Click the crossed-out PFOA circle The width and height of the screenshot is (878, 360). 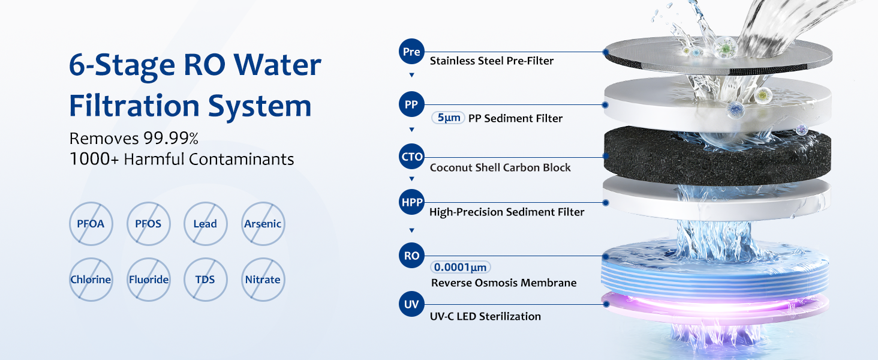click(x=91, y=224)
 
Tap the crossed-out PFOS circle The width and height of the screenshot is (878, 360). click(x=149, y=224)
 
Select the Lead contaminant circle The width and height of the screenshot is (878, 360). click(x=205, y=224)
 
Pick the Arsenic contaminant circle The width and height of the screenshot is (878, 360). click(x=263, y=224)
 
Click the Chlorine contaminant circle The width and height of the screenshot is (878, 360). click(x=91, y=280)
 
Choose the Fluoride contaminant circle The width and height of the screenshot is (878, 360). click(x=149, y=280)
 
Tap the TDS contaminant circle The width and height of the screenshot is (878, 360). click(x=205, y=280)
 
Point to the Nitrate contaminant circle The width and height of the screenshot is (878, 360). click(x=263, y=280)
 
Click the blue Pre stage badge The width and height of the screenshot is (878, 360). click(x=411, y=52)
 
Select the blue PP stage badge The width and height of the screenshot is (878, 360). click(x=411, y=104)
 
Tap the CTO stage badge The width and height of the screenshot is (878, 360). click(x=411, y=157)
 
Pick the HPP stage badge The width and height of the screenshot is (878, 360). click(x=411, y=202)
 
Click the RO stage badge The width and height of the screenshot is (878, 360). click(x=411, y=256)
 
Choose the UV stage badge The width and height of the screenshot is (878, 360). click(x=411, y=304)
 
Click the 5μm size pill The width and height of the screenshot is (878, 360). click(x=449, y=118)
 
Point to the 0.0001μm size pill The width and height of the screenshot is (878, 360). click(x=461, y=267)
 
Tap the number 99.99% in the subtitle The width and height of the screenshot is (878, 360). click(x=171, y=139)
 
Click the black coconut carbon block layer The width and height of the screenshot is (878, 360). click(x=717, y=157)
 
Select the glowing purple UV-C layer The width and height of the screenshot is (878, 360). click(x=715, y=307)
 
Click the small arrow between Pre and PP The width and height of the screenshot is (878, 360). click(x=411, y=75)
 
